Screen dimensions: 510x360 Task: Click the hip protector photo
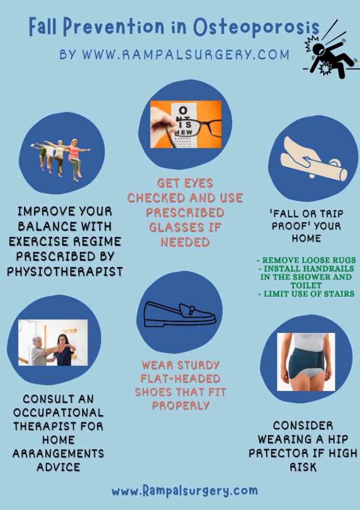pyautogui.click(x=306, y=362)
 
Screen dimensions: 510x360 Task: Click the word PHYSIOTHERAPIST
pyautogui.click(x=65, y=272)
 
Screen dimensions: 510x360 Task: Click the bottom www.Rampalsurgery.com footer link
pyautogui.click(x=184, y=491)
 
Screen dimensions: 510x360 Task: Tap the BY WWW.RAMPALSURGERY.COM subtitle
pyautogui.click(x=174, y=54)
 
